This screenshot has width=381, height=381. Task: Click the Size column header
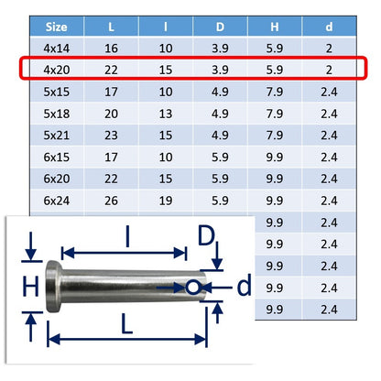click(x=57, y=27)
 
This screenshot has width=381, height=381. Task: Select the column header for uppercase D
click(x=220, y=27)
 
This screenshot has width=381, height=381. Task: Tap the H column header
click(x=275, y=27)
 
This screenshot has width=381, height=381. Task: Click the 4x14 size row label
click(x=57, y=49)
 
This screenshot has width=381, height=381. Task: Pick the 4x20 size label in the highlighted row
click(x=57, y=70)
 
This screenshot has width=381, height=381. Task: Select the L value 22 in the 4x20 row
click(x=111, y=70)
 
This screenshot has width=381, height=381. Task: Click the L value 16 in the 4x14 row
click(x=111, y=49)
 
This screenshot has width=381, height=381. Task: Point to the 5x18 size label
click(x=57, y=114)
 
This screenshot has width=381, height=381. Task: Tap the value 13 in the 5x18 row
click(x=166, y=114)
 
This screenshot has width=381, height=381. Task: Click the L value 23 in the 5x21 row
click(x=111, y=135)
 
